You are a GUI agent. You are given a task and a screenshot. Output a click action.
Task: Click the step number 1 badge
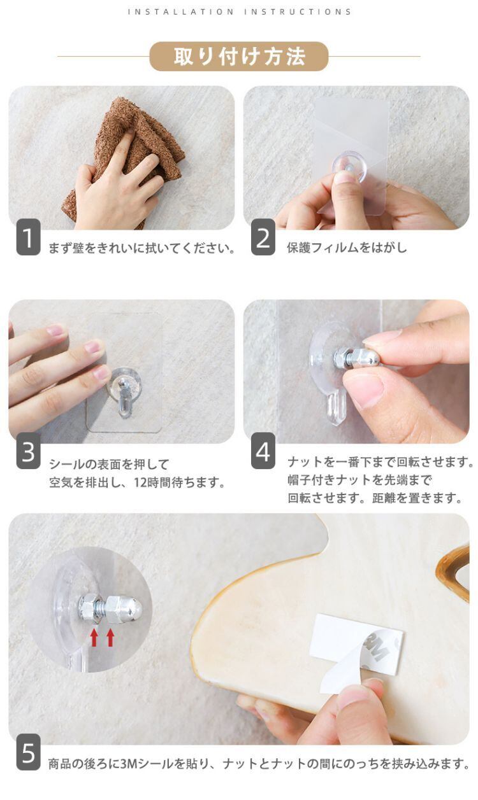28,237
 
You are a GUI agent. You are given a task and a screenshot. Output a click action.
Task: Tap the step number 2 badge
263,237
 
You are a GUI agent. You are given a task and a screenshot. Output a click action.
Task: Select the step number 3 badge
28,451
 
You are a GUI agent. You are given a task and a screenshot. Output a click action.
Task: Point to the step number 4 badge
263,451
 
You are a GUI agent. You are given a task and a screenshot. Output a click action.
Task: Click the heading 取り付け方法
239,57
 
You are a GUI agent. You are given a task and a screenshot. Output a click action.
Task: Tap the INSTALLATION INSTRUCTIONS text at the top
240,12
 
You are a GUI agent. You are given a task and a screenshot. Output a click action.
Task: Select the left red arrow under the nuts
94,638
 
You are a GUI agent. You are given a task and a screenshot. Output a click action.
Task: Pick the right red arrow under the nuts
110,638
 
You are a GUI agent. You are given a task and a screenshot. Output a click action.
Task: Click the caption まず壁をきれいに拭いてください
141,248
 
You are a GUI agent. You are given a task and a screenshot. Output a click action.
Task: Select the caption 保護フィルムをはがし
347,248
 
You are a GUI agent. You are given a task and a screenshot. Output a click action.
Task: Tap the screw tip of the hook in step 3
122,383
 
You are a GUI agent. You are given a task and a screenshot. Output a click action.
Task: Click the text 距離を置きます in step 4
417,498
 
